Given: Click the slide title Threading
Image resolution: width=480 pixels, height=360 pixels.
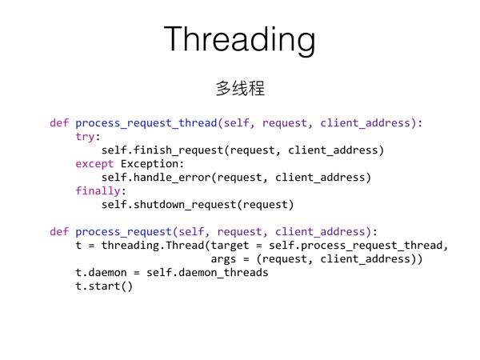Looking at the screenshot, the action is coord(240,39).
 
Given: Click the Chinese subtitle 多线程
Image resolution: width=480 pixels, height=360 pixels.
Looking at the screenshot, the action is coord(240,88).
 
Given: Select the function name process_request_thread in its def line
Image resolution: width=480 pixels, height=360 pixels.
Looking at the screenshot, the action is coord(146,123).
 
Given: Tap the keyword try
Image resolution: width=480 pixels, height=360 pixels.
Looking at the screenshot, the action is coord(85,137).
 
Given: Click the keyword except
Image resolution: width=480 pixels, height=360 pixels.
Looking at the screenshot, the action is coord(94,164).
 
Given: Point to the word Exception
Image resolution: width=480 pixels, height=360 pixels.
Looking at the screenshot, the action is coord(150,164).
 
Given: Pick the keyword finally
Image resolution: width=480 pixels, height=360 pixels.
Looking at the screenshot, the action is coord(98,191).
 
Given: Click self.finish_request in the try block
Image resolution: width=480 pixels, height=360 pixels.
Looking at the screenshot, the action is coord(162,150).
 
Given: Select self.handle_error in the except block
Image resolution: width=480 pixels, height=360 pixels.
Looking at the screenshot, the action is coord(156,178).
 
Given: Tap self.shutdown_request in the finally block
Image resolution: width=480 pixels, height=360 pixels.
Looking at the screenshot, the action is coord(169,205).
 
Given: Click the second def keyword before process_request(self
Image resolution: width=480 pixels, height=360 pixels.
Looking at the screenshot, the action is coord(59,232).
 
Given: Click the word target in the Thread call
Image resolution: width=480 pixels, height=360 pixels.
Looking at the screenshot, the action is coord(230,246).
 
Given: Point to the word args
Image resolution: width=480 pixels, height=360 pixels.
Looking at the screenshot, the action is coord(223,259).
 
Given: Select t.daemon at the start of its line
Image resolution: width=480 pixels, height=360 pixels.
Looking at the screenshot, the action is coord(101,273).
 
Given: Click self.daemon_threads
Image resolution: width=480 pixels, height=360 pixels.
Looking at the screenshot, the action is coord(207,273).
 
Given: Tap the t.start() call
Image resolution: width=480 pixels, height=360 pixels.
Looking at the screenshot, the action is coord(104,286).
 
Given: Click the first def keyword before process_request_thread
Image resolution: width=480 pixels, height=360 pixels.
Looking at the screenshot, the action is coord(59,123).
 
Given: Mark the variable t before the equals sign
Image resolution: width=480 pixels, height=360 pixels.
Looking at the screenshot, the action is coord(78,246).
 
